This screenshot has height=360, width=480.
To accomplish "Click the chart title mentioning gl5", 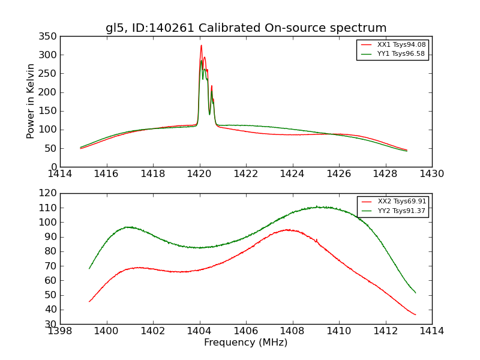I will tap(246, 28).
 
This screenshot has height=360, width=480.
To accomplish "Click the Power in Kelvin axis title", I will tap(31, 101).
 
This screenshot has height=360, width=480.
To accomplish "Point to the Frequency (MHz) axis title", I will tap(246, 343).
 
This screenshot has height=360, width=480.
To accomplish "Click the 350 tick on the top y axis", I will tap(49, 36).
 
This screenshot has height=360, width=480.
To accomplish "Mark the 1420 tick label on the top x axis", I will tap(200, 174).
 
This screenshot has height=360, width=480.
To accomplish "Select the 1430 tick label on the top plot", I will tap(432, 174).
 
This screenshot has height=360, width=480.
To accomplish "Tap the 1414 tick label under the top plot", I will tap(61, 174).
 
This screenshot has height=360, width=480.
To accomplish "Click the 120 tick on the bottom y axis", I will tap(49, 193).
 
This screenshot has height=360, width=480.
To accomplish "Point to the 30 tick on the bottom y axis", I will tap(52, 324).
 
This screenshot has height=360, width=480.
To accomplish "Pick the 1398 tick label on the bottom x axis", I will tap(61, 331).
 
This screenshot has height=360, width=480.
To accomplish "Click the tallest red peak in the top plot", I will tap(201, 46).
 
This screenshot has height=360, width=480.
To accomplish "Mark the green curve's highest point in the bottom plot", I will tap(318, 207).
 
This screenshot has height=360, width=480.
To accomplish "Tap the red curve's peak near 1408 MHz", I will tap(289, 229).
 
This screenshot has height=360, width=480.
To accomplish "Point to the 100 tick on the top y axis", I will tap(49, 130).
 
